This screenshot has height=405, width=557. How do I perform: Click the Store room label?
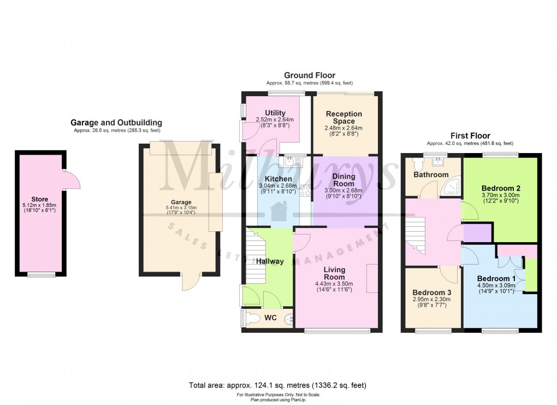(40, 199)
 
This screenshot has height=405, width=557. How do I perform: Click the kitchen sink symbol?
(289, 161)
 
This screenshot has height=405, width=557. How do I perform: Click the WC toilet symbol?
(252, 317)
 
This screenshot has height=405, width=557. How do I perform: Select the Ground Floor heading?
(309, 75)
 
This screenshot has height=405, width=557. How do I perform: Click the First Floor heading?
(470, 136)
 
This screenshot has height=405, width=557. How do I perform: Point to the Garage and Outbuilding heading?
(116, 123)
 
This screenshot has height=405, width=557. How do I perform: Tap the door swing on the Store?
(72, 179)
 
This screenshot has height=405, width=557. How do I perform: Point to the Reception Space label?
(344, 118)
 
